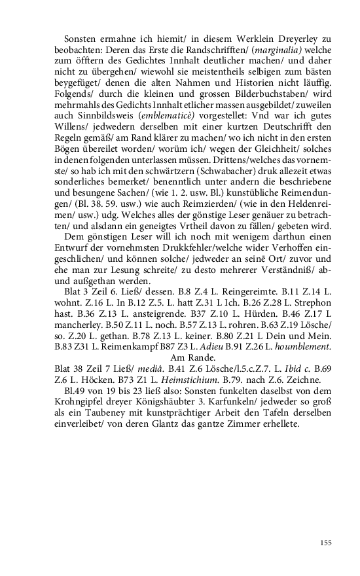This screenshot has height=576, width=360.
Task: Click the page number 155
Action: coord(325,543)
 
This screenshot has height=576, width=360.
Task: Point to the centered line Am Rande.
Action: coord(193,357)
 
